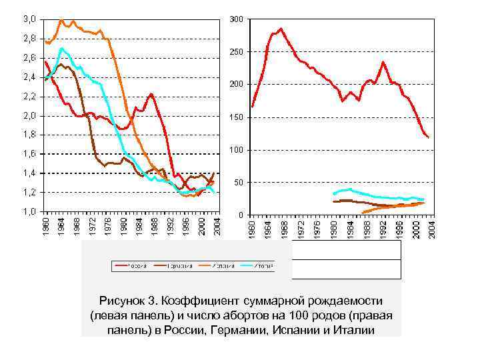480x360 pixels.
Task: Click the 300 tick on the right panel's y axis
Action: pyautogui.click(x=236, y=19)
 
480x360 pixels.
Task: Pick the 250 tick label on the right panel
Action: pyautogui.click(x=236, y=52)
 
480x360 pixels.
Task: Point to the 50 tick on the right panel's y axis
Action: pyautogui.click(x=237, y=182)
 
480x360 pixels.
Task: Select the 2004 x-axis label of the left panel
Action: pyautogui.click(x=216, y=226)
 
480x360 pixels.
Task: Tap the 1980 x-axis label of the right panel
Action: pyautogui.click(x=334, y=226)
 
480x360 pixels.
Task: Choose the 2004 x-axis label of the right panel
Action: pyautogui.click(x=432, y=226)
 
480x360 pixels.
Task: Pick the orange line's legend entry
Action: pyautogui.click(x=217, y=265)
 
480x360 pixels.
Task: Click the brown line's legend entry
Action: pyautogui.click(x=174, y=265)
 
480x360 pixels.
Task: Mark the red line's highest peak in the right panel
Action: pyautogui.click(x=281, y=29)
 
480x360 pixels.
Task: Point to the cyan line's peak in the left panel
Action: pyautogui.click(x=62, y=48)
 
